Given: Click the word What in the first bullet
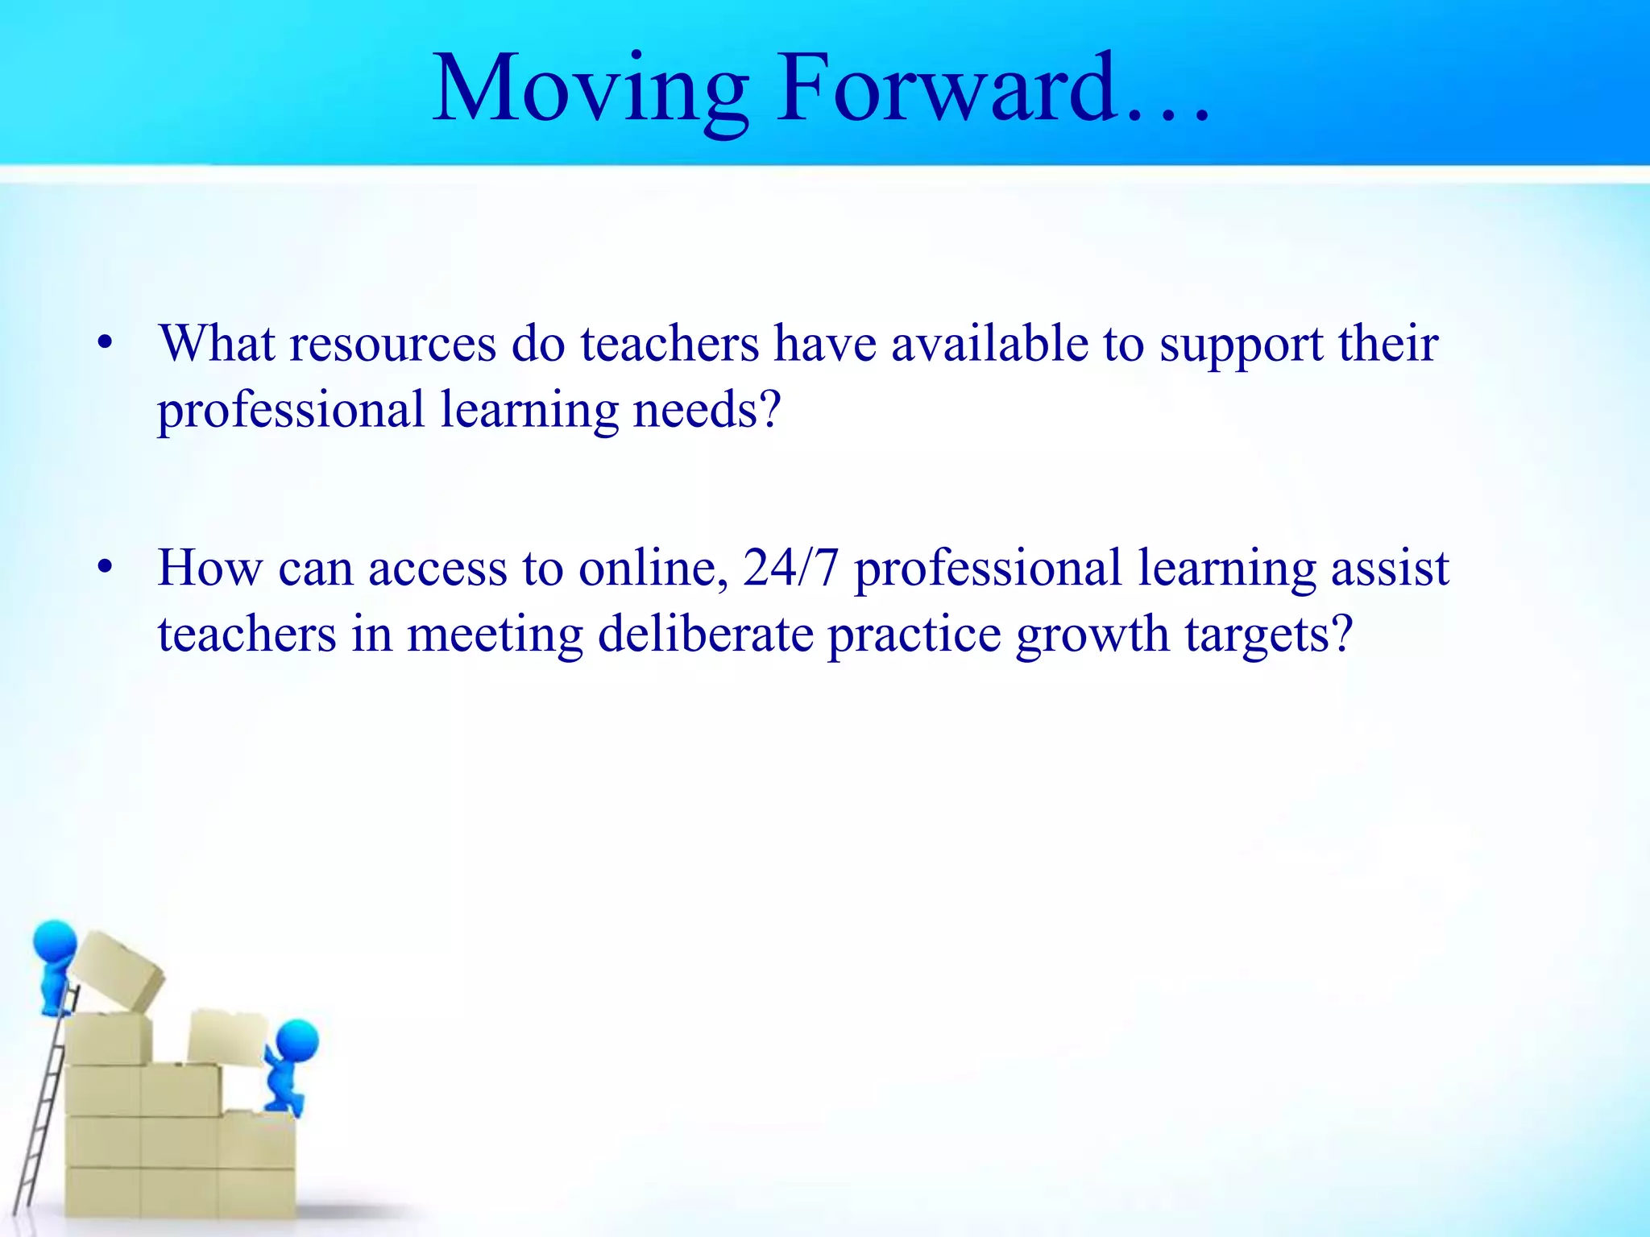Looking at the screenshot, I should click(218, 344).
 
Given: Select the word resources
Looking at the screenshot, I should click(392, 344).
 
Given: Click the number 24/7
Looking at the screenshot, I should click(790, 568).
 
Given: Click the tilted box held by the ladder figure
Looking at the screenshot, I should click(118, 970).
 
